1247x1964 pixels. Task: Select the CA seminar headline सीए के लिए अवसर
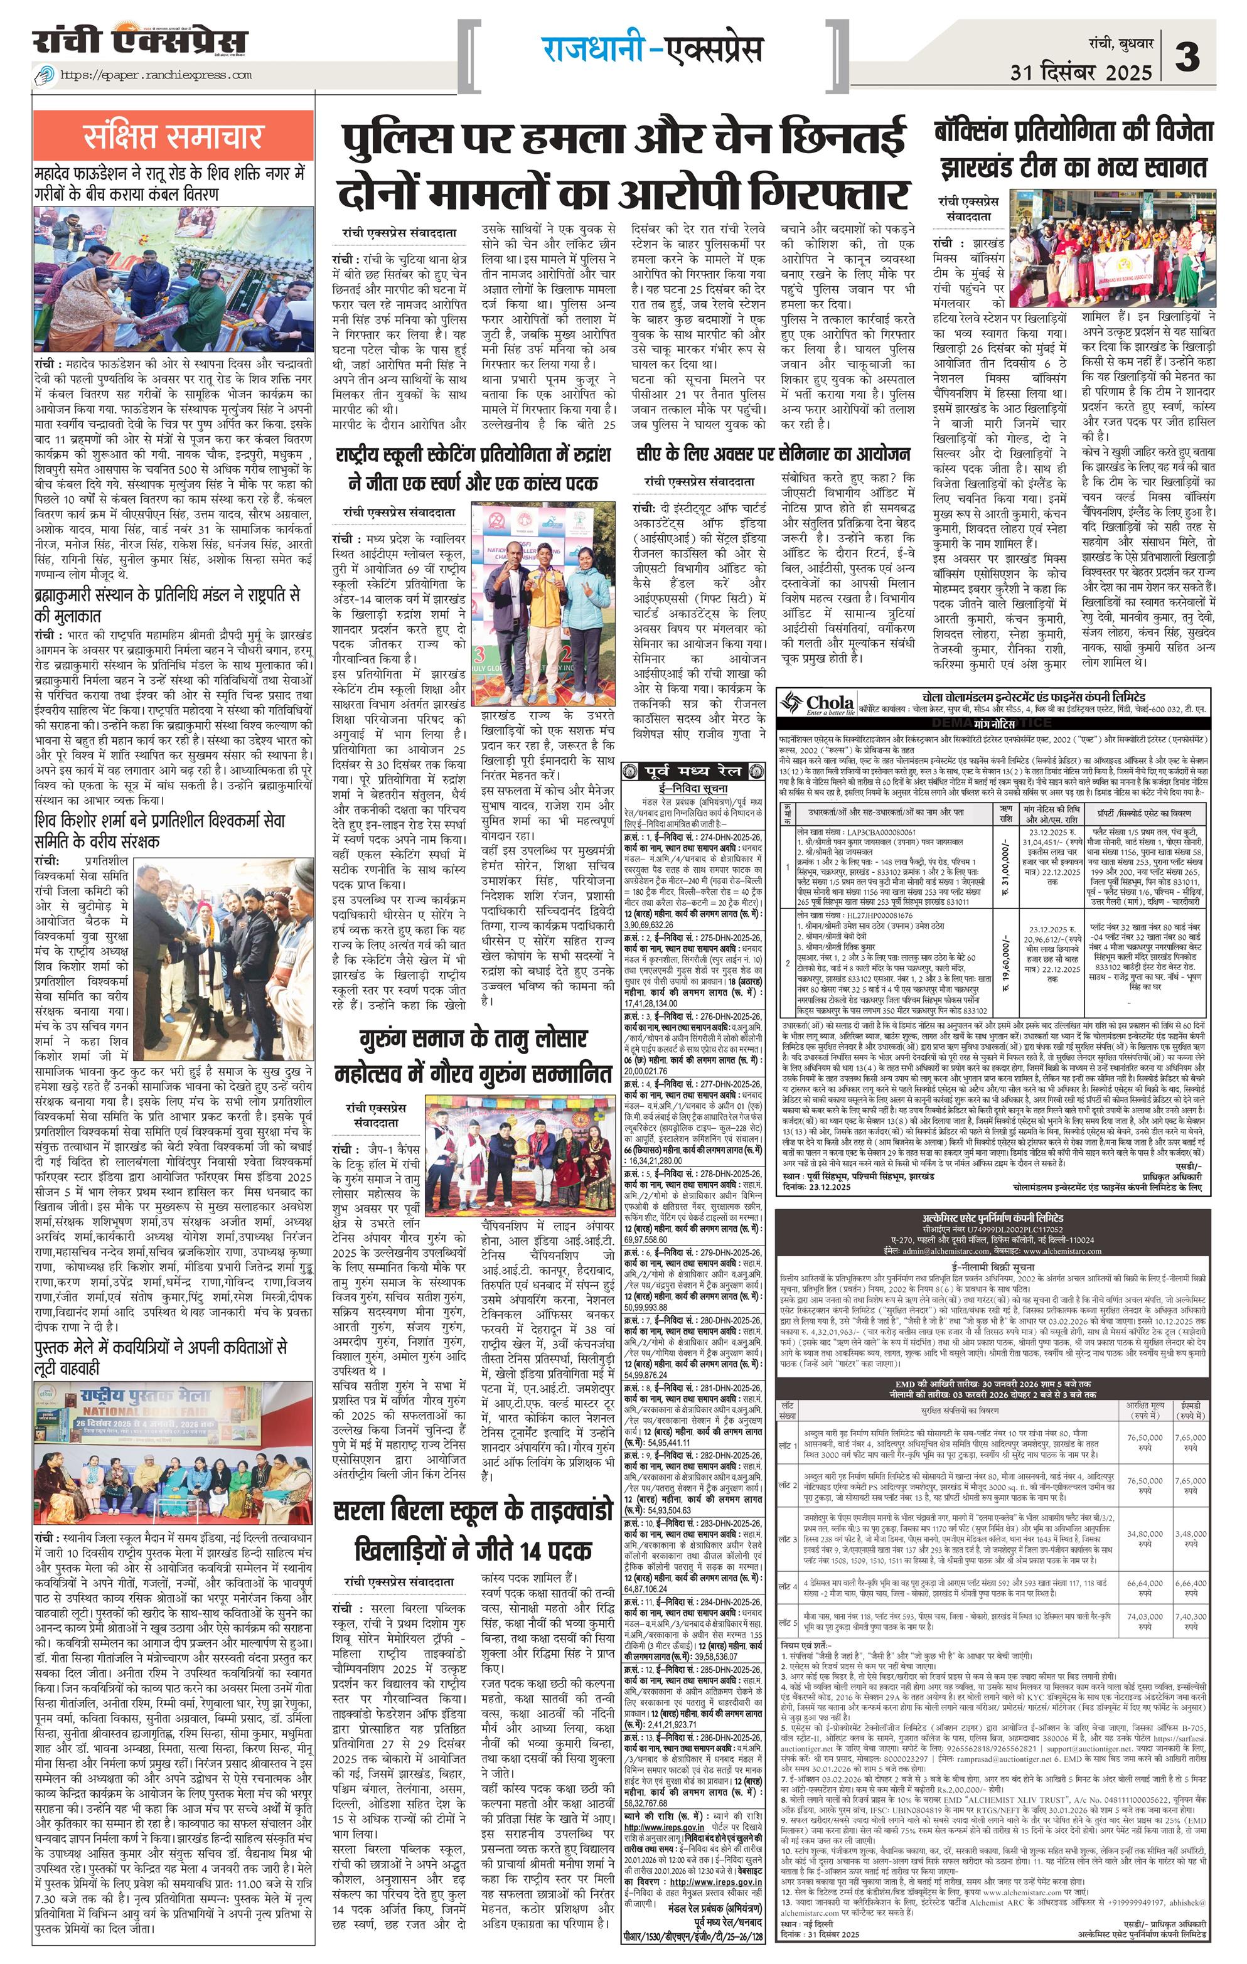(x=773, y=454)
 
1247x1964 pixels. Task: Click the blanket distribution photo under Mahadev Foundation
(x=173, y=279)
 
